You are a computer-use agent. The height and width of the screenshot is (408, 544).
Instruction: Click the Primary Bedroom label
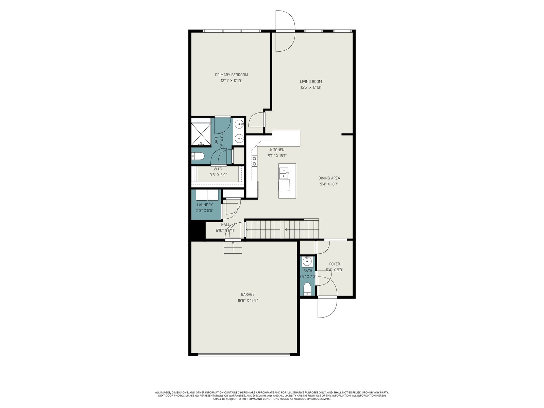tap(231, 75)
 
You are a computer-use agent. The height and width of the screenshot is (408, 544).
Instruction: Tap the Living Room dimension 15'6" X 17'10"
tap(311, 87)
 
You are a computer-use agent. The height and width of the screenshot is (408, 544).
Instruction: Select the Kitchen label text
tap(277, 150)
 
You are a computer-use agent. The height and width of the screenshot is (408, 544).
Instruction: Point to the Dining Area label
tap(329, 178)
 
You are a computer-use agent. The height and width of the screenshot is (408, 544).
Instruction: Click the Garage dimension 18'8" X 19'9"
tap(248, 301)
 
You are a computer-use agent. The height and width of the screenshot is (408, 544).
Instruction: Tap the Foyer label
tap(335, 264)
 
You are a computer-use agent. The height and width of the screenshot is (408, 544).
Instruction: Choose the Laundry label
tap(205, 205)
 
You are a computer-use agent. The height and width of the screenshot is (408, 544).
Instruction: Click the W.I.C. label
tap(218, 169)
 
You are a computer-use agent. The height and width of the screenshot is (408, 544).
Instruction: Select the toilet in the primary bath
tap(198, 156)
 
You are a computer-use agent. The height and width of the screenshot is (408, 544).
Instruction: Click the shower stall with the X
tap(201, 133)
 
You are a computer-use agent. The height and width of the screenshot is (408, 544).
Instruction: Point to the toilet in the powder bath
tap(307, 289)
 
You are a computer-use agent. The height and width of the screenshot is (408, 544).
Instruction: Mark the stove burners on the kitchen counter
tap(254, 161)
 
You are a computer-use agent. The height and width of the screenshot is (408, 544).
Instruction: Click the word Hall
tap(225, 225)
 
